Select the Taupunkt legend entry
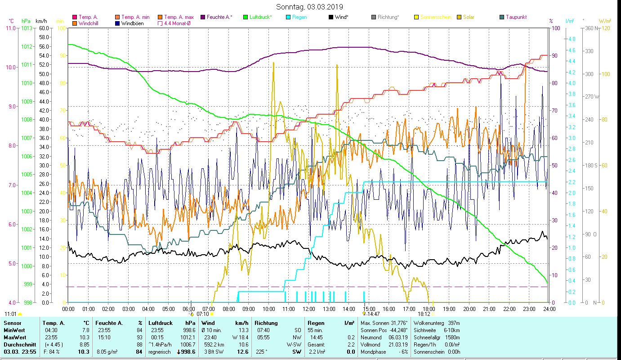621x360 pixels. point(516,17)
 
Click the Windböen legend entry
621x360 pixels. point(133,23)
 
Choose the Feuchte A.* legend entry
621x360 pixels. point(219,17)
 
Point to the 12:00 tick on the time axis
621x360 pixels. point(309,309)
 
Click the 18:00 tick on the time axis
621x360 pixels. point(429,309)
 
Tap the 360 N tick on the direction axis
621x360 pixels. point(590,28)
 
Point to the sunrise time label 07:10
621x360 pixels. point(203,314)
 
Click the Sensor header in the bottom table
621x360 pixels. point(12,323)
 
